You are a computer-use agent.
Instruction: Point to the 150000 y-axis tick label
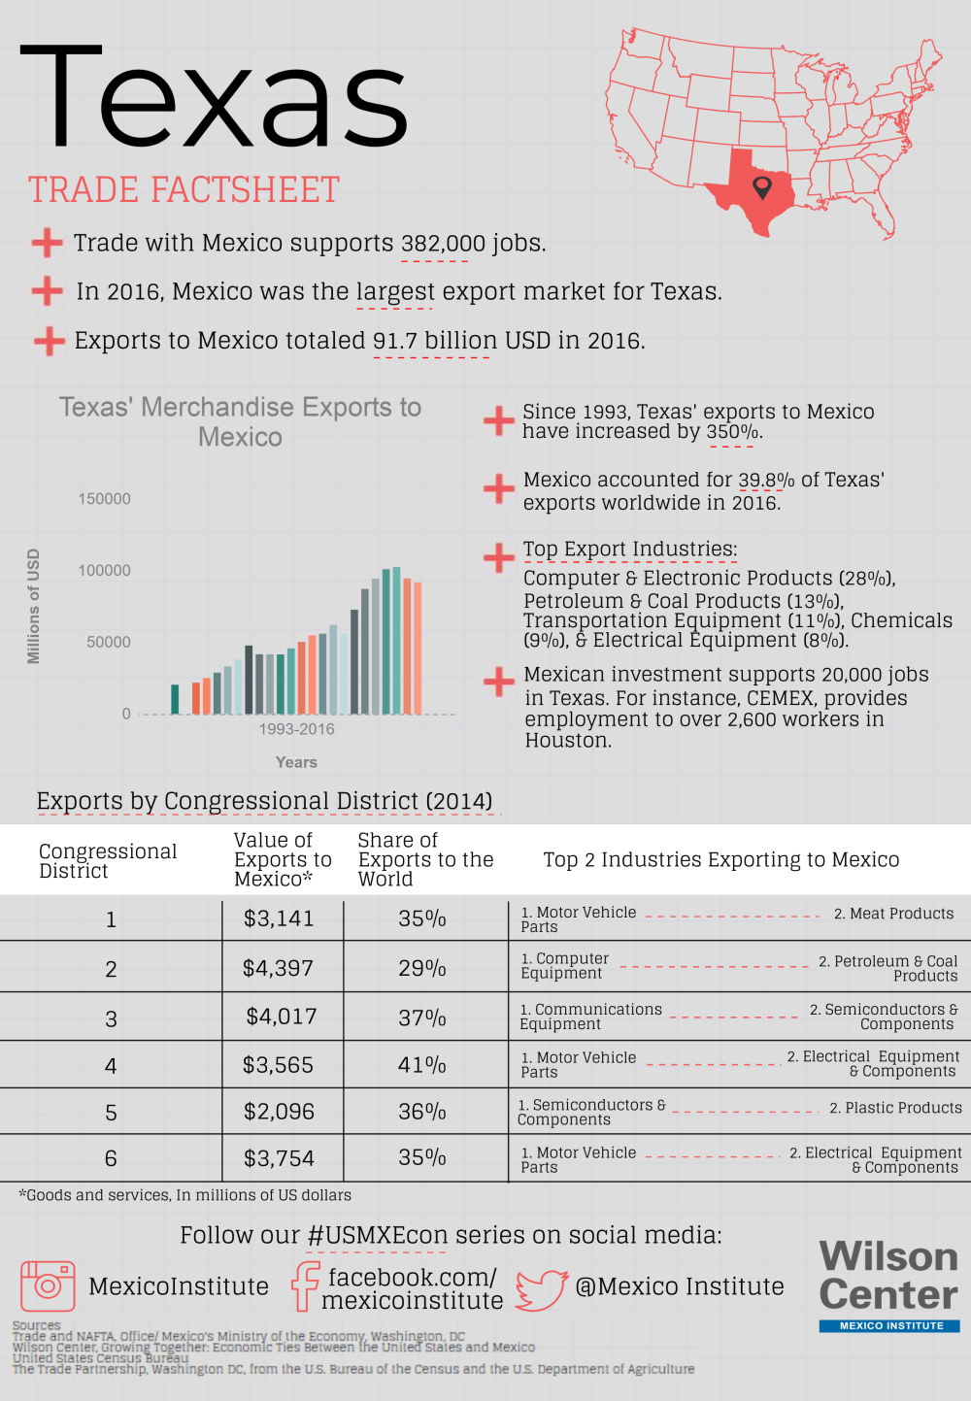pyautogui.click(x=104, y=499)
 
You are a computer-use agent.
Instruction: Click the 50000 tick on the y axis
pyautogui.click(x=109, y=643)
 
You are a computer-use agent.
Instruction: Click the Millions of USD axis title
pyautogui.click(x=34, y=607)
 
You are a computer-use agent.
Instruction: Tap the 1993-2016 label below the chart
pyautogui.click(x=296, y=729)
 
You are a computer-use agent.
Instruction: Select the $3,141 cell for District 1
pyautogui.click(x=279, y=919)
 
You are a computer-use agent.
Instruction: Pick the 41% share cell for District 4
pyautogui.click(x=422, y=1065)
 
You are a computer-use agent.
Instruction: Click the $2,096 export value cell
pyautogui.click(x=279, y=1112)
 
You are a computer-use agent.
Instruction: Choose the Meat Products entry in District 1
pyautogui.click(x=893, y=914)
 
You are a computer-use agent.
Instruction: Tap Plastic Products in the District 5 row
pyautogui.click(x=895, y=1109)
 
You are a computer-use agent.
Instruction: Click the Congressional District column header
pyautogui.click(x=107, y=861)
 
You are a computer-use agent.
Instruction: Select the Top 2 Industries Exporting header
pyautogui.click(x=720, y=860)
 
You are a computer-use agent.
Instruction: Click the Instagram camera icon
pyautogui.click(x=48, y=1286)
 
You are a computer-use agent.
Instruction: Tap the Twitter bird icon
pyautogui.click(x=541, y=1289)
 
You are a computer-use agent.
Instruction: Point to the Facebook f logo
pyautogui.click(x=306, y=1286)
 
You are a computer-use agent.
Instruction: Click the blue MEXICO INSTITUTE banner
pyautogui.click(x=889, y=1326)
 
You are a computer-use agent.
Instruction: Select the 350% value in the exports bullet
pyautogui.click(x=732, y=432)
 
